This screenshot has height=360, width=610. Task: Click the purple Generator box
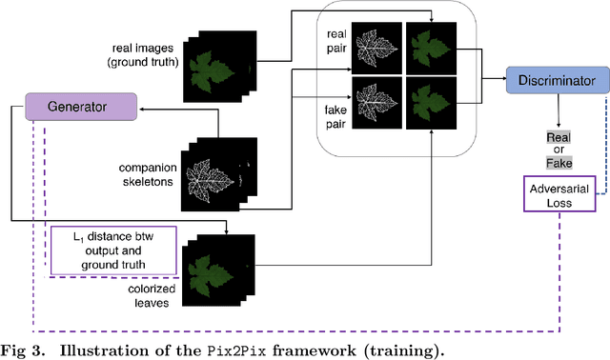pyautogui.click(x=80, y=107)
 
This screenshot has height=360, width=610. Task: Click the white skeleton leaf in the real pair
pyautogui.click(x=376, y=49)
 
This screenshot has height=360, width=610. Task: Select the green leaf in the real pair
pyautogui.click(x=430, y=49)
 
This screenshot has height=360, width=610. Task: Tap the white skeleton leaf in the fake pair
pyautogui.click(x=376, y=104)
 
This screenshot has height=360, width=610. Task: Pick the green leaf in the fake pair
pyautogui.click(x=430, y=104)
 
